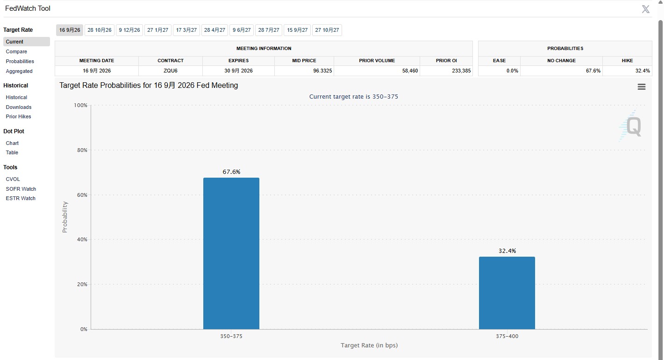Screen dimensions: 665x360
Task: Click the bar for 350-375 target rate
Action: [x=231, y=253]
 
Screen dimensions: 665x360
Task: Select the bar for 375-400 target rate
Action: [x=507, y=293]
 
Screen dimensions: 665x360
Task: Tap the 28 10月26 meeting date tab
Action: [x=100, y=30]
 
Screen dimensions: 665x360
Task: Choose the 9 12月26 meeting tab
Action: [x=129, y=30]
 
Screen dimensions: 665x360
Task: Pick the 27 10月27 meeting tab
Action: [x=327, y=30]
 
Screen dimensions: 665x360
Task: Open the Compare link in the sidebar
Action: [x=16, y=51]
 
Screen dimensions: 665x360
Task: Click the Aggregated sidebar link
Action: [x=19, y=71]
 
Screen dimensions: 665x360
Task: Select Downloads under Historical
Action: [x=18, y=107]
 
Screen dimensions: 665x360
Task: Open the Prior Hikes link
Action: [x=18, y=116]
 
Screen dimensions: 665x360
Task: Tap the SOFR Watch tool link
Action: [x=21, y=189]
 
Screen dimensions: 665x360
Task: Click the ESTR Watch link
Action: [x=21, y=198]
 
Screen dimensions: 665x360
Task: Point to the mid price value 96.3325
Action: [x=322, y=71]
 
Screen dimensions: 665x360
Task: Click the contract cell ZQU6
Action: [x=171, y=71]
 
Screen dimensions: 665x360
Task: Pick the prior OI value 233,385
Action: [x=461, y=71]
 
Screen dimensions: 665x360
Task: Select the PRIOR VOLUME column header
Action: [x=377, y=61]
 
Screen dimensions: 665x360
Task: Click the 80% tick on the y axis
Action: [x=82, y=150]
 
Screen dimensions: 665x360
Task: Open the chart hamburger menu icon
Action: [x=642, y=87]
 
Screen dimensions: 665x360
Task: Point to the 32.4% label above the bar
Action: [x=507, y=251]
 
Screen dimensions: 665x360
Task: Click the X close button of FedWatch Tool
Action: [x=645, y=9]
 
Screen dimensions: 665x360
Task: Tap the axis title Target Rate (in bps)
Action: [x=369, y=345]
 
